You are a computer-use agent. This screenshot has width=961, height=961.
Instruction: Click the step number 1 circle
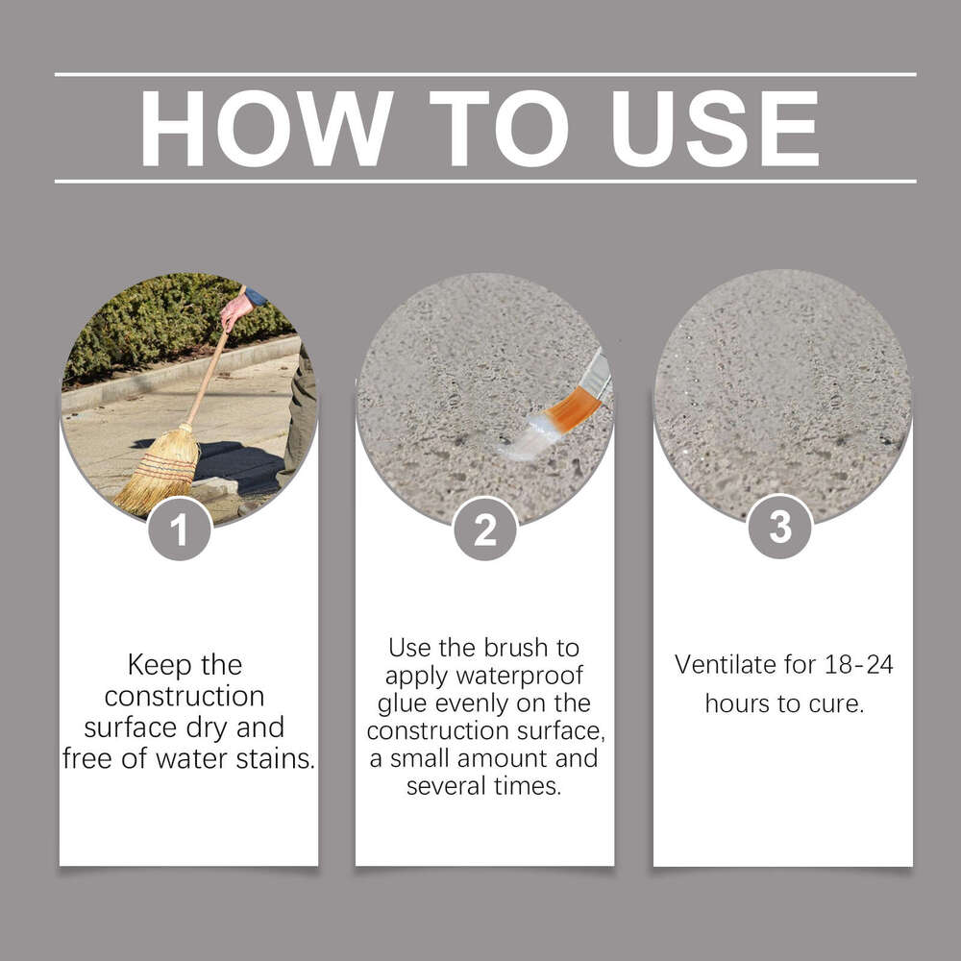[x=180, y=529]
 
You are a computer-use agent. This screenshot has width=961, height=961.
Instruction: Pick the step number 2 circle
[x=485, y=529]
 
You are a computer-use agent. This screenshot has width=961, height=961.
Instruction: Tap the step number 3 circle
[x=780, y=527]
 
